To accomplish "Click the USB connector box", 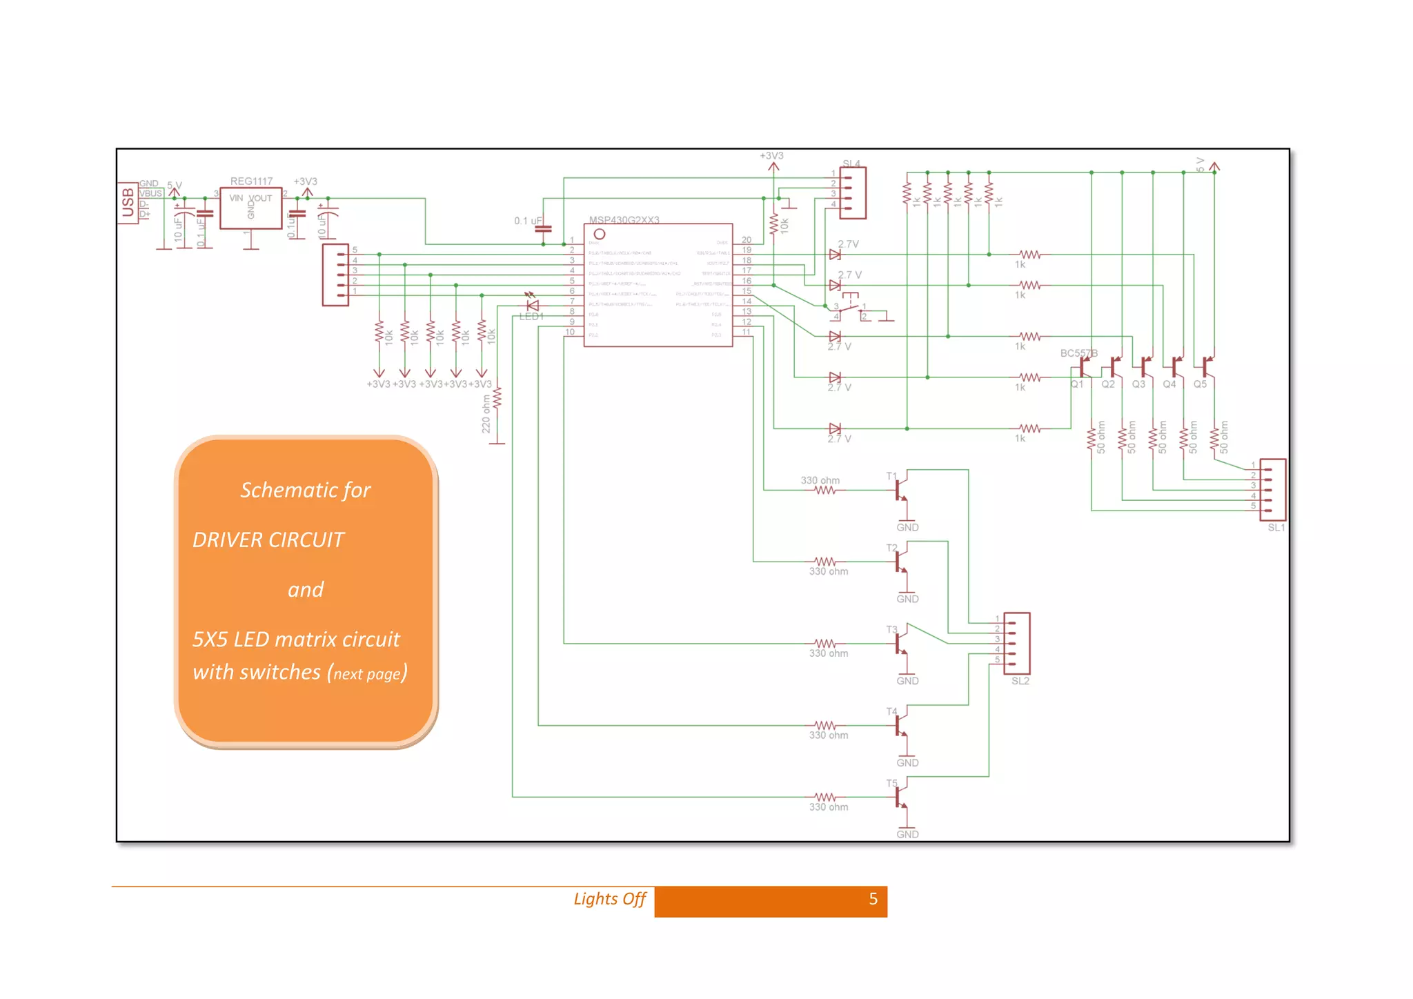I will [128, 203].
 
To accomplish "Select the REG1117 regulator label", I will [251, 181].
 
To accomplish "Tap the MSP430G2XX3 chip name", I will [624, 220].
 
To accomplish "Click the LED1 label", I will [531, 317].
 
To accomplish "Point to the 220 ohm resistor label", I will [486, 414].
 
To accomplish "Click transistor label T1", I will [891, 476].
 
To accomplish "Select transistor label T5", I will [891, 783].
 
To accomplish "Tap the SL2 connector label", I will [1020, 681].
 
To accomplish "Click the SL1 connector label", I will [1276, 528].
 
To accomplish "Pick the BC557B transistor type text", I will [1078, 353].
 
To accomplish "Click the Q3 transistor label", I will [1138, 384].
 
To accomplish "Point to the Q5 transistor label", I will [1200, 384].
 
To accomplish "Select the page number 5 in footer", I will [873, 899].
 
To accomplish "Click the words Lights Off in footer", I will [609, 899].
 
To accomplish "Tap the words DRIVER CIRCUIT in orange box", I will [268, 540].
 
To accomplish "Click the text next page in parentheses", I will [367, 674].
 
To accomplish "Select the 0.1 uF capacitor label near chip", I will [528, 221].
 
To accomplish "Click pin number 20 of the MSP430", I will [747, 240].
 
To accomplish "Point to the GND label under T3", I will [907, 681].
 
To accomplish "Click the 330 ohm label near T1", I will [820, 480].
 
